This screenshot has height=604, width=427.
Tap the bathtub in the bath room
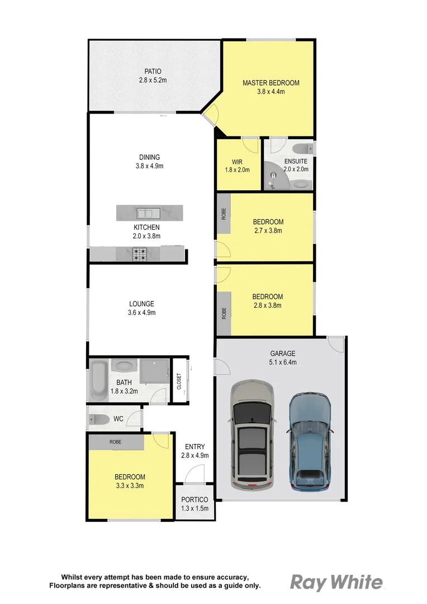(99, 380)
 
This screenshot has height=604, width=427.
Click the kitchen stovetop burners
(139, 254)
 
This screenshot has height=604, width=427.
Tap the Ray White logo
(336, 582)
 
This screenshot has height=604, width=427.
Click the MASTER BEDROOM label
(271, 83)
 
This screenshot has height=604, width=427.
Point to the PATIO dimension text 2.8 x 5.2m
(153, 80)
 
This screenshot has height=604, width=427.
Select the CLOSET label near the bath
(179, 381)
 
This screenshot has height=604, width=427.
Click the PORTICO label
(194, 499)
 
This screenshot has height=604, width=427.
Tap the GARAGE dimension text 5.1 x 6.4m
(283, 362)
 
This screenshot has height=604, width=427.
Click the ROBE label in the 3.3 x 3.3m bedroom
(115, 442)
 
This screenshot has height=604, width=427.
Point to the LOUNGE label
(141, 304)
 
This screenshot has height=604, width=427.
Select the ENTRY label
(194, 446)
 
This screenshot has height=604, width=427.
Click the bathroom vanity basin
(122, 366)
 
